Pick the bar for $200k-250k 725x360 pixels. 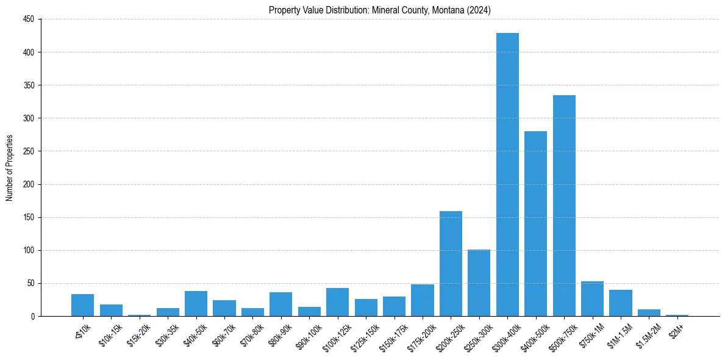point(451,264)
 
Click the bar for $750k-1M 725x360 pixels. point(592,299)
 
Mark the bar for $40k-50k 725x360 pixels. point(196,303)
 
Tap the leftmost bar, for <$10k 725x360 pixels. point(82,305)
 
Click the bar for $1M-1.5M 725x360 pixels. point(620,303)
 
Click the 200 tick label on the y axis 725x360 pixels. point(30,184)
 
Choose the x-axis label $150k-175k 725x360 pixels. point(392,336)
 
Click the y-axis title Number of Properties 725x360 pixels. point(9,168)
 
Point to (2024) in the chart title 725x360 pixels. point(479,10)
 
